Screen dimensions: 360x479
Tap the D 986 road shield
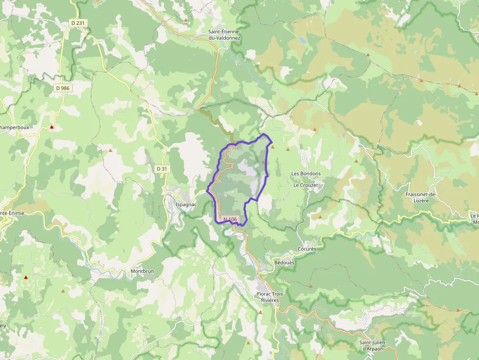tap(63, 88)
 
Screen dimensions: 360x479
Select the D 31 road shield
tap(162, 169)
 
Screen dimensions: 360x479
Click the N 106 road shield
tap(230, 220)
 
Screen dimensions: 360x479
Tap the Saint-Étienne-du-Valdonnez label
tap(225, 34)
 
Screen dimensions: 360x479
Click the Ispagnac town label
tap(186, 204)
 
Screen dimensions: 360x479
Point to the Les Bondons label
tap(306, 174)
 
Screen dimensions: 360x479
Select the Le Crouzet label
tap(305, 186)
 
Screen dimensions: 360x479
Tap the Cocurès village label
tap(307, 249)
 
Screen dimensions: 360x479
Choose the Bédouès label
tap(284, 263)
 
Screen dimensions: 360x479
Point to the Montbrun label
tap(142, 271)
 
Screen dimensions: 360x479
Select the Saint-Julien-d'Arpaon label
tap(377, 345)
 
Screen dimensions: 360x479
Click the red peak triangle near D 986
tap(52, 127)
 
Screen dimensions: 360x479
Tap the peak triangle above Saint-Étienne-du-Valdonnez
tap(186, 21)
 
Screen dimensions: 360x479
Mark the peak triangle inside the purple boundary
tap(264, 162)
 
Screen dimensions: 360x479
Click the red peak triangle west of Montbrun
tap(26, 277)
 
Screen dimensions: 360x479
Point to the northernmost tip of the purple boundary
tap(264, 133)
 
